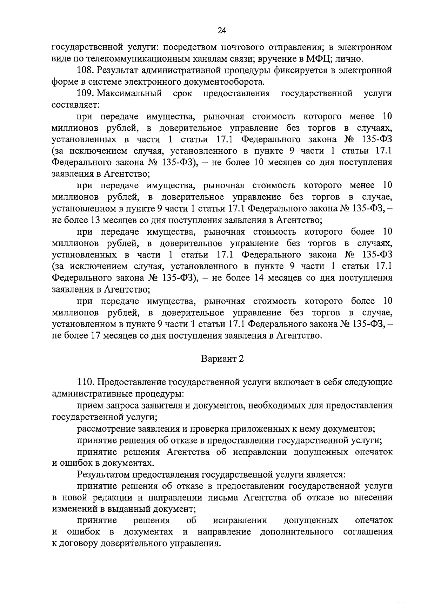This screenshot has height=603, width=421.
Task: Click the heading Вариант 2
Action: (222, 359)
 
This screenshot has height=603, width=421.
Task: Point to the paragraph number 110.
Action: (86, 382)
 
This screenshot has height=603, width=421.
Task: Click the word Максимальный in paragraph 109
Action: (129, 93)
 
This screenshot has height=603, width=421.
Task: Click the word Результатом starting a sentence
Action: (103, 474)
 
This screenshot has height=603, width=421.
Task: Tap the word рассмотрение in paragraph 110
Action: (106, 428)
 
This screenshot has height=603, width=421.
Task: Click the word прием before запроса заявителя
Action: (89, 406)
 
